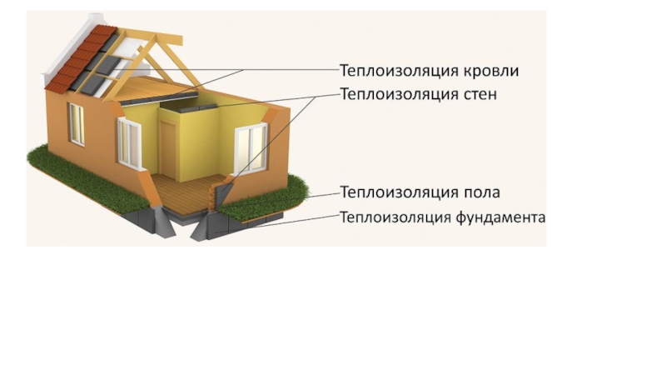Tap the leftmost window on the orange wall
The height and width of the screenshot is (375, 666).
coord(76,123)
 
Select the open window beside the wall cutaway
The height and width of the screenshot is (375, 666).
coord(130,142)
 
